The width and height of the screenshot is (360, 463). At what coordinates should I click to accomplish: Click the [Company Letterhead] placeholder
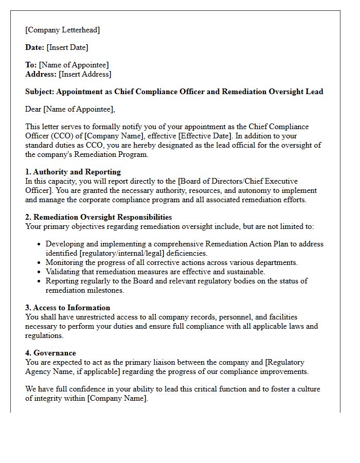(x=63, y=30)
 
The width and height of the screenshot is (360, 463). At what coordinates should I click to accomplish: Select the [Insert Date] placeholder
(x=67, y=47)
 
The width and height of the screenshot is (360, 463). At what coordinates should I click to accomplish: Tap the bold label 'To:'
(x=31, y=65)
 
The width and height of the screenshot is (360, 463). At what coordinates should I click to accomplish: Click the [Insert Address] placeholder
(x=85, y=74)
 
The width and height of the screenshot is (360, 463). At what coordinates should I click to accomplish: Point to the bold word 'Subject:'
(x=40, y=92)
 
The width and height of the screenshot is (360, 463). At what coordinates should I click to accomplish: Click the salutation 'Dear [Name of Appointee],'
(x=70, y=109)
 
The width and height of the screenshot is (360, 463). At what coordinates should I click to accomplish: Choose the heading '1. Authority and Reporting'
(x=73, y=172)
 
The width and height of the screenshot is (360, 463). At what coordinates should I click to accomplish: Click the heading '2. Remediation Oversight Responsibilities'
(x=99, y=217)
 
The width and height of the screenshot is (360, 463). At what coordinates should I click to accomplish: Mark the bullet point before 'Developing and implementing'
(x=39, y=244)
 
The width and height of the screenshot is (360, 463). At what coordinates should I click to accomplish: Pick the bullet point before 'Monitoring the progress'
(x=39, y=263)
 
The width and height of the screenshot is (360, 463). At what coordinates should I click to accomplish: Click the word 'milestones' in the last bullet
(x=108, y=290)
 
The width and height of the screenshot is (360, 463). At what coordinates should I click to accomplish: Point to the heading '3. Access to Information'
(x=68, y=308)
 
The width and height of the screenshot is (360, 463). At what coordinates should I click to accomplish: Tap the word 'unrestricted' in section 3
(x=83, y=317)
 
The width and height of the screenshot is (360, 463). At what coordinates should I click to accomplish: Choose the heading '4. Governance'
(x=50, y=353)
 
